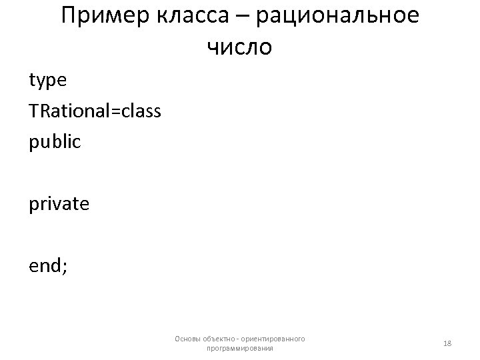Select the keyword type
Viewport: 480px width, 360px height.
point(47,81)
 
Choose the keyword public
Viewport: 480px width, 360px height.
point(55,141)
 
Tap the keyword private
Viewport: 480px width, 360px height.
point(59,203)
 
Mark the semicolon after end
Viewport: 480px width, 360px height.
point(65,267)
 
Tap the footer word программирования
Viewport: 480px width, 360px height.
point(240,348)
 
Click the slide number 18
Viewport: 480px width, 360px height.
point(447,343)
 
